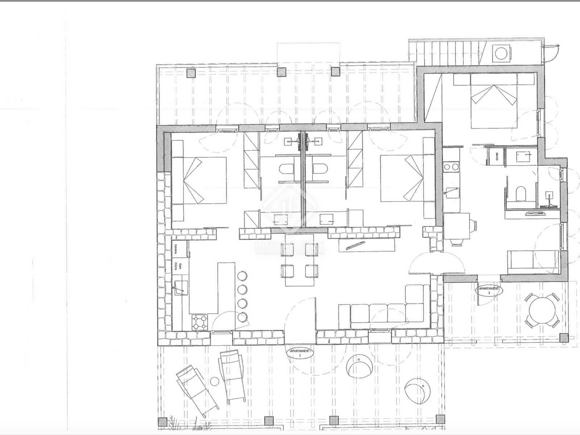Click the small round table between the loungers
pyautogui.click(x=215, y=381)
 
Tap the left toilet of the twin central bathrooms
pyautogui.click(x=288, y=169)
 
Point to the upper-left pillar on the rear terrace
pyautogui.click(x=191, y=74)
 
